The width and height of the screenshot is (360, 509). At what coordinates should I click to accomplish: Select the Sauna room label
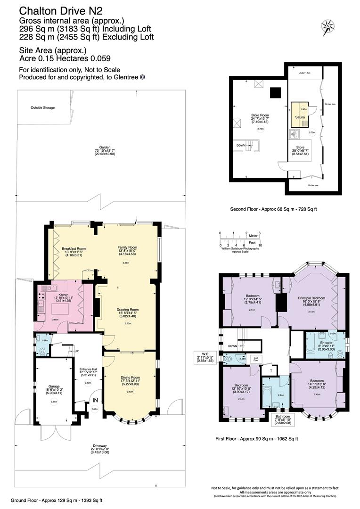[x=298, y=114]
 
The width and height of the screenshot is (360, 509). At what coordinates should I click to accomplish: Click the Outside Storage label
[x=43, y=107]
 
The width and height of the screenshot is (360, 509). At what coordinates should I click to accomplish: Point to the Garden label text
[x=98, y=147]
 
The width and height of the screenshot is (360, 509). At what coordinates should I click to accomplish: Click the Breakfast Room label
[x=74, y=248]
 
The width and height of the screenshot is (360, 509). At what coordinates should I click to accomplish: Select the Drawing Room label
[x=126, y=310]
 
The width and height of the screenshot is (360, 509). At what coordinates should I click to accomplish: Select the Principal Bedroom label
[x=311, y=298]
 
